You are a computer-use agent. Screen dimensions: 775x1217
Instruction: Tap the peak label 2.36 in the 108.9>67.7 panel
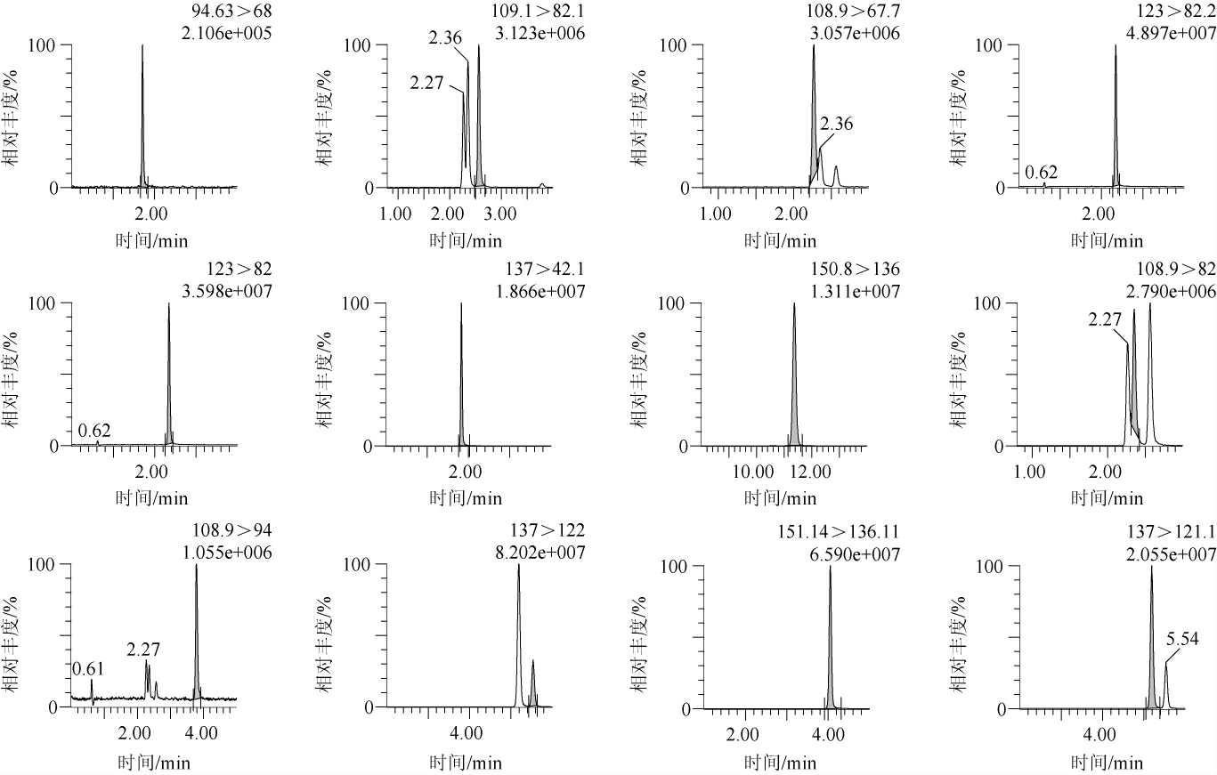pos(836,125)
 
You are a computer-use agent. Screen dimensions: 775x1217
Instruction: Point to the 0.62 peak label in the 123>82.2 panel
pos(1042,173)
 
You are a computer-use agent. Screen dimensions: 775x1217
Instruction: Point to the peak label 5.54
pos(1182,640)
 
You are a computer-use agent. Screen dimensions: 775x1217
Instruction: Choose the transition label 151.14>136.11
pos(837,532)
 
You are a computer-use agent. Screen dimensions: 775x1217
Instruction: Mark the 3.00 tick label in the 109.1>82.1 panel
pos(500,214)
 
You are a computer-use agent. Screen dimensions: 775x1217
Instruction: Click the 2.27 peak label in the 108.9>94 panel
pos(144,650)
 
